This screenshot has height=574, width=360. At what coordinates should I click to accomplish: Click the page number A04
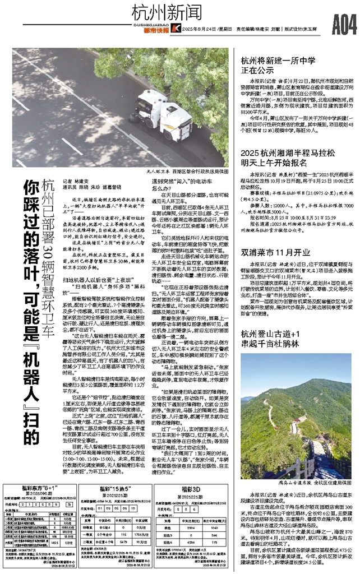pyautogui.click(x=343, y=25)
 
